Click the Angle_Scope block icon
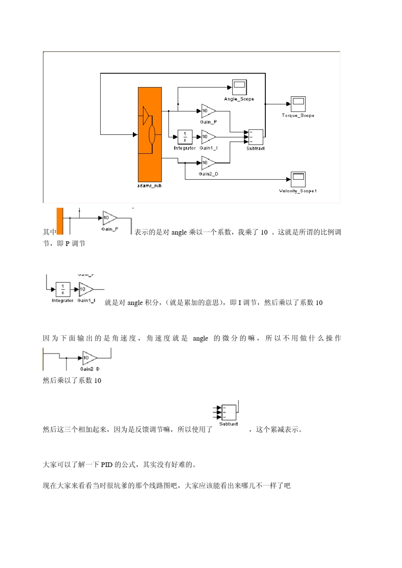click(x=239, y=87)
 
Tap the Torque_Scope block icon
click(x=298, y=104)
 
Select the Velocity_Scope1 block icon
click(x=298, y=180)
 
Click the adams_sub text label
click(x=149, y=186)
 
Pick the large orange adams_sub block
click(x=150, y=134)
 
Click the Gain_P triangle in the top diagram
click(x=208, y=111)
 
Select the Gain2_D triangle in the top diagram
click(x=208, y=163)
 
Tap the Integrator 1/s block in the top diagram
click(x=185, y=137)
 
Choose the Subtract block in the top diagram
click(x=256, y=137)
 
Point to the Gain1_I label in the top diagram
click(x=209, y=148)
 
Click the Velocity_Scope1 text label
click(x=298, y=191)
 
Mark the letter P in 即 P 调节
click(x=67, y=243)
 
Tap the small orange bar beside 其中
click(x=60, y=221)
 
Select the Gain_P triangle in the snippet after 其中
click(x=109, y=218)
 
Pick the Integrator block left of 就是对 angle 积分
click(x=63, y=289)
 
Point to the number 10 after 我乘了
click(x=264, y=232)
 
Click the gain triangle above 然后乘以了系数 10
click(x=89, y=358)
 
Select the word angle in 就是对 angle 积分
click(x=135, y=303)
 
